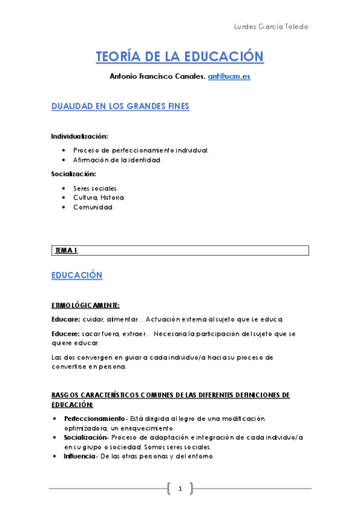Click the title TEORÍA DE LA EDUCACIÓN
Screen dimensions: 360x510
[180, 57]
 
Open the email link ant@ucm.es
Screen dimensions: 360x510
[229, 76]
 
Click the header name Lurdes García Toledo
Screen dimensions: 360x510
[270, 28]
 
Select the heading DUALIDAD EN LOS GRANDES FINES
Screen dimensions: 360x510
[120, 106]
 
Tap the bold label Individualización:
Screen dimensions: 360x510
[79, 137]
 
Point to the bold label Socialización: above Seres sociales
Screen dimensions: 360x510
[73, 174]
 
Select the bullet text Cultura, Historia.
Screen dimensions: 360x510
[99, 197]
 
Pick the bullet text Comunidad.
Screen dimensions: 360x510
[93, 207]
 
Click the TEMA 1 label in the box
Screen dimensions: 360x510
[66, 250]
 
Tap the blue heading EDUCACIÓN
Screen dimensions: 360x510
[77, 275]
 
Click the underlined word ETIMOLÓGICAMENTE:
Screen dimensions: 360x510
[85, 305]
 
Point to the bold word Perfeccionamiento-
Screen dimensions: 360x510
[95, 419]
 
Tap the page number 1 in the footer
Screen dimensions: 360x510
[180, 488]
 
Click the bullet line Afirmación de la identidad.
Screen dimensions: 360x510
[118, 160]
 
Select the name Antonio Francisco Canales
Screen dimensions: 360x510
[157, 76]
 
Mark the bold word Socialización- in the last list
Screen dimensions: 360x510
[88, 437]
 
